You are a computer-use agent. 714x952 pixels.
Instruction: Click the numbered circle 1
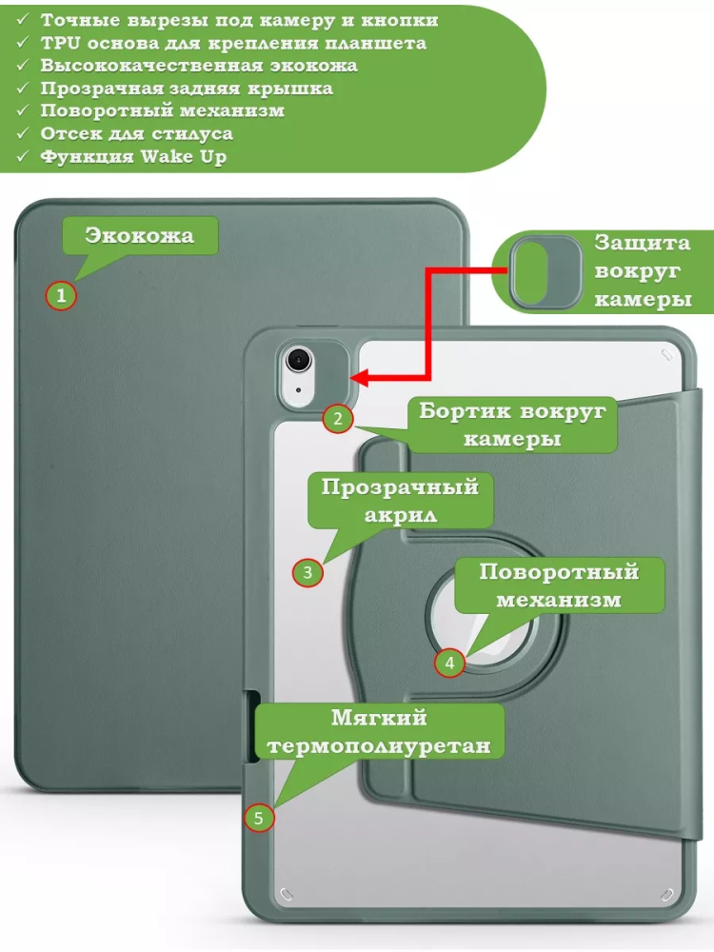pos(61,296)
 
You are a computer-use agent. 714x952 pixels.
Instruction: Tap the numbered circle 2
pos(337,418)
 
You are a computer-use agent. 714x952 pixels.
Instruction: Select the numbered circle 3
pos(307,572)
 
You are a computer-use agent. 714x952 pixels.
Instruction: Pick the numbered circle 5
pos(259,817)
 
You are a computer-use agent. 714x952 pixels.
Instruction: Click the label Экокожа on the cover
pos(139,236)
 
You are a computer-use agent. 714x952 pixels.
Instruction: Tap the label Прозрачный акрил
pos(399,501)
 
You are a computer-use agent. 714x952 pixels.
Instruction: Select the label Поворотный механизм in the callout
pos(558,585)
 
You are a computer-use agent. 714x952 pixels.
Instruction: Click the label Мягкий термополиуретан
pos(379,731)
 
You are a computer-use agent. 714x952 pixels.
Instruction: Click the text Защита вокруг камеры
pos(643,271)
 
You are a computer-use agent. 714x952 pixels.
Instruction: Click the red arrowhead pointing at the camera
pos(362,378)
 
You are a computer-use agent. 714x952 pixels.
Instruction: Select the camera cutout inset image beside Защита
pos(545,271)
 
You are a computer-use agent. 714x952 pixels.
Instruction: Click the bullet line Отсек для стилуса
pos(136,134)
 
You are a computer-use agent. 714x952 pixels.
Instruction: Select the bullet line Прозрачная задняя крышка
pos(187,89)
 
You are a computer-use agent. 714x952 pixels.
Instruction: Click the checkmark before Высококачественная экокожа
pos(23,66)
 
